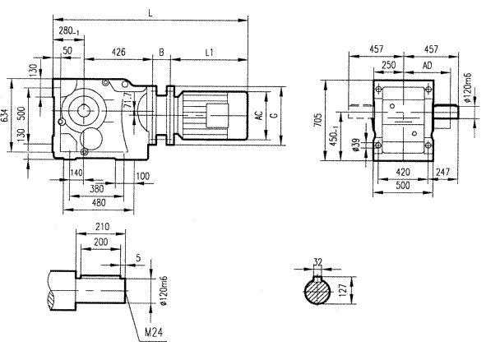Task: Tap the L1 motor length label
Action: (x=209, y=52)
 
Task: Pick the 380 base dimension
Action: (x=98, y=187)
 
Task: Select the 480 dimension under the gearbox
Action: (x=98, y=203)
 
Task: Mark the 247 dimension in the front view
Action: (x=444, y=173)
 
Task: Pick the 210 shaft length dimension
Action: (x=102, y=226)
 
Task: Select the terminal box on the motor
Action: (x=217, y=114)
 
